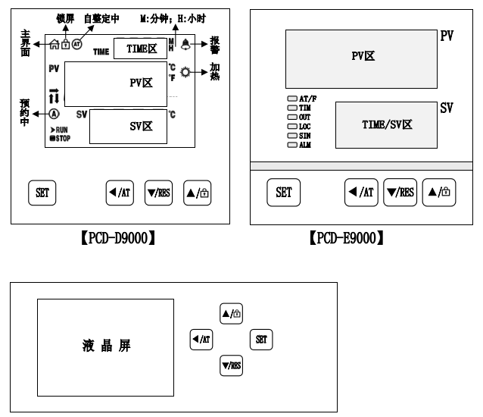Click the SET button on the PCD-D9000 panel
click(42, 193)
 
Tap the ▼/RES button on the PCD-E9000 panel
click(400, 192)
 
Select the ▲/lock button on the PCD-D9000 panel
click(198, 193)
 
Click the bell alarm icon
click(185, 45)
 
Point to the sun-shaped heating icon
click(185, 72)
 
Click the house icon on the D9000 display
click(55, 45)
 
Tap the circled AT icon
click(76, 45)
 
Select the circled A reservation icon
click(55, 114)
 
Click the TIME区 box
click(141, 49)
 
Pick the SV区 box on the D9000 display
click(128, 127)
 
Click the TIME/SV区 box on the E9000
click(386, 125)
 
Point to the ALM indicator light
click(292, 145)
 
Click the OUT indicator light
click(292, 118)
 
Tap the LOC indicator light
click(292, 127)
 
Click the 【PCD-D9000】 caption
click(118, 238)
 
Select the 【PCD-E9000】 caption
click(347, 238)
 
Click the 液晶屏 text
click(107, 346)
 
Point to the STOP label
click(61, 139)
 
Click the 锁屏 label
click(65, 18)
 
